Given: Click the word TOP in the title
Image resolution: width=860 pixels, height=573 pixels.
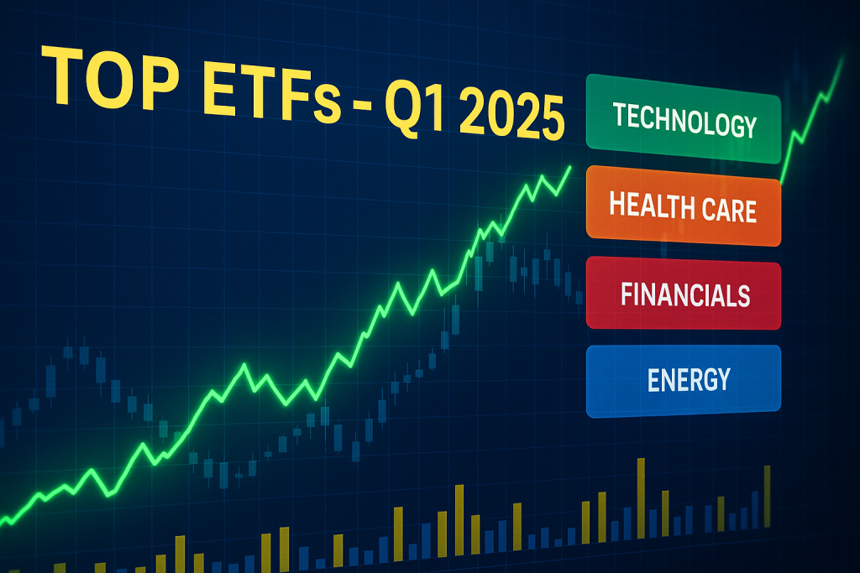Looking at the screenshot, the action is click(x=110, y=76).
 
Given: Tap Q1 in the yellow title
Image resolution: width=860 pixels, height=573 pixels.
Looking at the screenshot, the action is click(x=413, y=107).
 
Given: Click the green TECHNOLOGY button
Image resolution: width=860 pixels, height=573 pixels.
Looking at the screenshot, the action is click(x=684, y=119).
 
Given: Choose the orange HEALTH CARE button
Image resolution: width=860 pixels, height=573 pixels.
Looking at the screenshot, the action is click(x=684, y=206).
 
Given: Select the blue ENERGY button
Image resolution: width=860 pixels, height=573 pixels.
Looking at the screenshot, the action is click(x=684, y=381).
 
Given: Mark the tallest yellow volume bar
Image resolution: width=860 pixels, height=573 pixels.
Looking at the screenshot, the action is click(x=641, y=497).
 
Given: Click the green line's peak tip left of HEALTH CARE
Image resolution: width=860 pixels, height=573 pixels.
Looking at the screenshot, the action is click(x=570, y=167).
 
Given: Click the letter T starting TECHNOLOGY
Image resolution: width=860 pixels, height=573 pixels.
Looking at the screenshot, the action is click(x=620, y=114).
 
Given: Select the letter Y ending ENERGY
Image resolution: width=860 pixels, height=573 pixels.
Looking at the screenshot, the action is click(x=723, y=380).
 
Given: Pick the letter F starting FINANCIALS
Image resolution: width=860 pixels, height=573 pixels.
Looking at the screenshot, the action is click(x=627, y=294).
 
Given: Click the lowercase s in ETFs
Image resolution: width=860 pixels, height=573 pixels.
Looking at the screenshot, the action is click(x=328, y=105).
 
